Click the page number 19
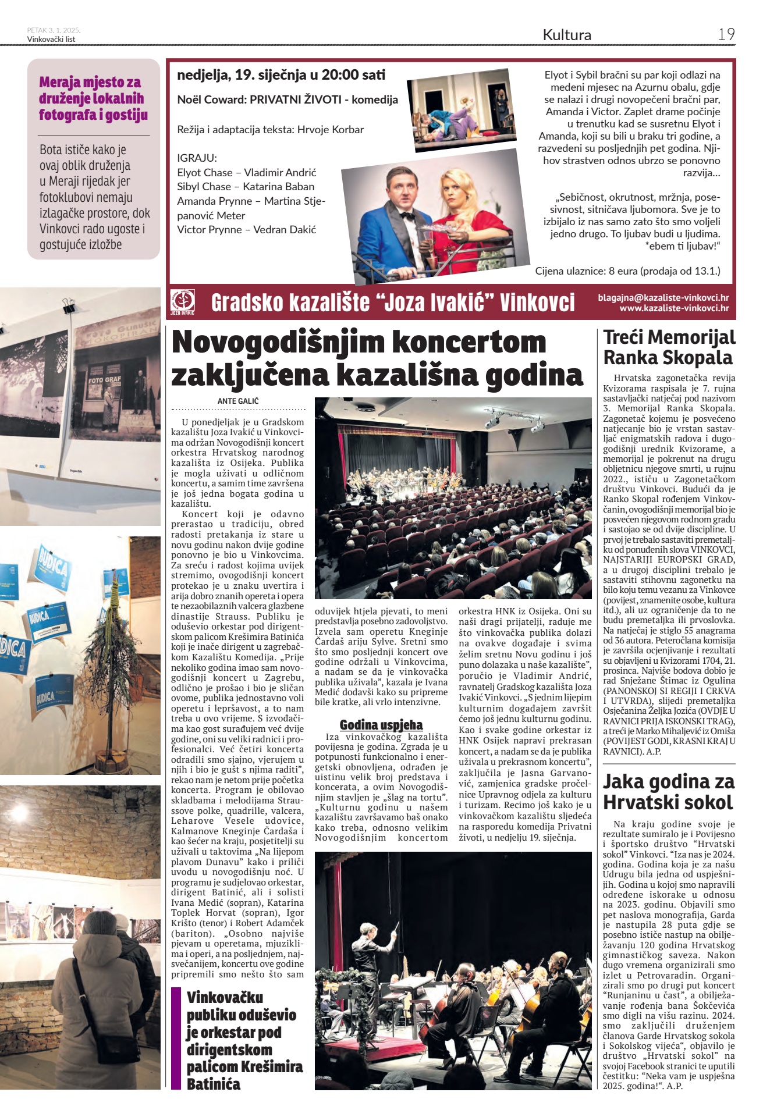click(x=726, y=34)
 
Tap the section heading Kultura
click(x=566, y=35)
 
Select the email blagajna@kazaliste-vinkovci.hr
click(x=663, y=298)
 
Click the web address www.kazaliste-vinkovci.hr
click(x=673, y=308)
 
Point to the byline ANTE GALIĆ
click(x=237, y=401)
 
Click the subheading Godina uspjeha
click(x=381, y=725)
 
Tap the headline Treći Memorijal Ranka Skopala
click(x=669, y=347)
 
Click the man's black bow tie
click(x=407, y=216)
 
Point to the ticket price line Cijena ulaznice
click(x=627, y=271)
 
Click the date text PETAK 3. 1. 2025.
click(x=54, y=30)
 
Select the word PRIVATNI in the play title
click(x=279, y=99)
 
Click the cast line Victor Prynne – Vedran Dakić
click(x=246, y=230)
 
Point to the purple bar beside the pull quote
click(x=176, y=1039)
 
